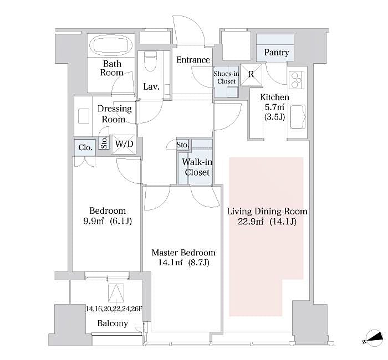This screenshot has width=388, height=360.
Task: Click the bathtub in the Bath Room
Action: tap(111, 44)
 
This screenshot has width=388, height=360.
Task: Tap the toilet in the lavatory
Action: tap(150, 62)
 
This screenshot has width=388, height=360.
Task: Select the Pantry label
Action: tap(276, 53)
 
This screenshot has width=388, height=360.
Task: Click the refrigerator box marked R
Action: tap(251, 74)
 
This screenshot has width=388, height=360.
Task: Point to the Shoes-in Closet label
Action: tap(226, 77)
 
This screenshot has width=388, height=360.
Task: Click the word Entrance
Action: tap(193, 60)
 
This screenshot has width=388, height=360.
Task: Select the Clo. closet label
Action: tap(85, 147)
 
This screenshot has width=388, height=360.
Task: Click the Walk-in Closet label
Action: tap(196, 167)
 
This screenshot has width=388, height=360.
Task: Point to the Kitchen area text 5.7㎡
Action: tap(274, 107)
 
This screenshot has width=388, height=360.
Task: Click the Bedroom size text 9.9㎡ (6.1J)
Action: tap(108, 222)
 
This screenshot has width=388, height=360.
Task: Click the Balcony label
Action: tap(113, 323)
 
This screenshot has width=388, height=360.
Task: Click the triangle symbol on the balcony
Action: tap(116, 291)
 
